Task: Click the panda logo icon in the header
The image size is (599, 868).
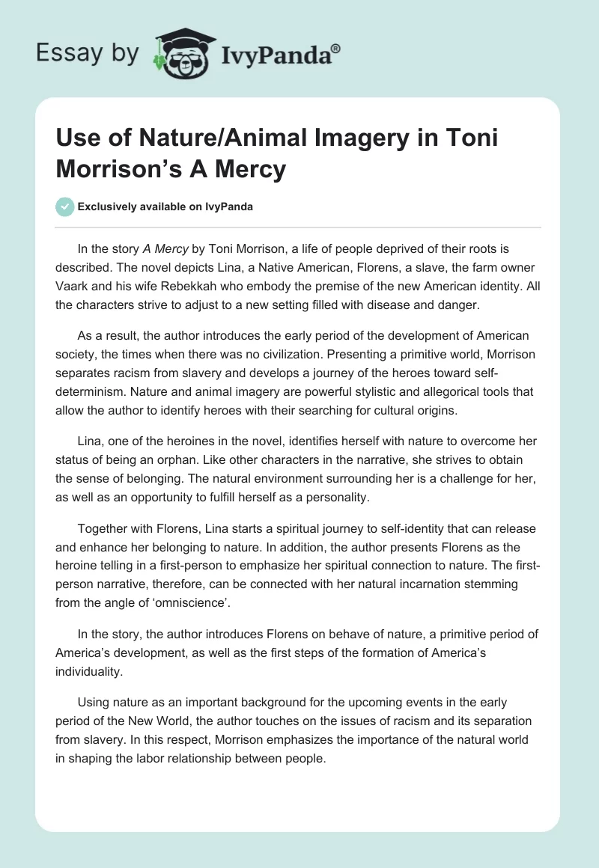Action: click(183, 53)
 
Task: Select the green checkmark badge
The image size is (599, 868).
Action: click(65, 207)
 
